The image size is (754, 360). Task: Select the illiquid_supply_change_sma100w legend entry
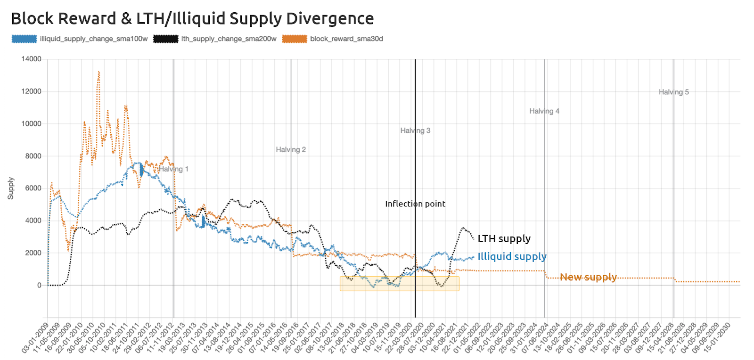93,39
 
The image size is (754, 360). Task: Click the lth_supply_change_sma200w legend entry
229,39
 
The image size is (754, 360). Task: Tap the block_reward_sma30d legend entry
346,39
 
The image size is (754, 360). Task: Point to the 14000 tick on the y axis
32,59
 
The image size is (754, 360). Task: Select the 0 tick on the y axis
39,285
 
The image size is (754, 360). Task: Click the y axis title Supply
11,188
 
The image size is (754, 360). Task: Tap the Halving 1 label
173,169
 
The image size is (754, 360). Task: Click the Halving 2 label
291,149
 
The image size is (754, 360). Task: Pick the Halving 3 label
415,131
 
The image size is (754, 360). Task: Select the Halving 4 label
544,111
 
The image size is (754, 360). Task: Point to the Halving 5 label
673,92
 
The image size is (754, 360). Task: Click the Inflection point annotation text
415,204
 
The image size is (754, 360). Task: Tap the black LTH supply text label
504,239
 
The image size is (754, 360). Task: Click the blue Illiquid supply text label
512,257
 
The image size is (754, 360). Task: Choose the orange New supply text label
588,277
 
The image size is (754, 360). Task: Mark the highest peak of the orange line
98,72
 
